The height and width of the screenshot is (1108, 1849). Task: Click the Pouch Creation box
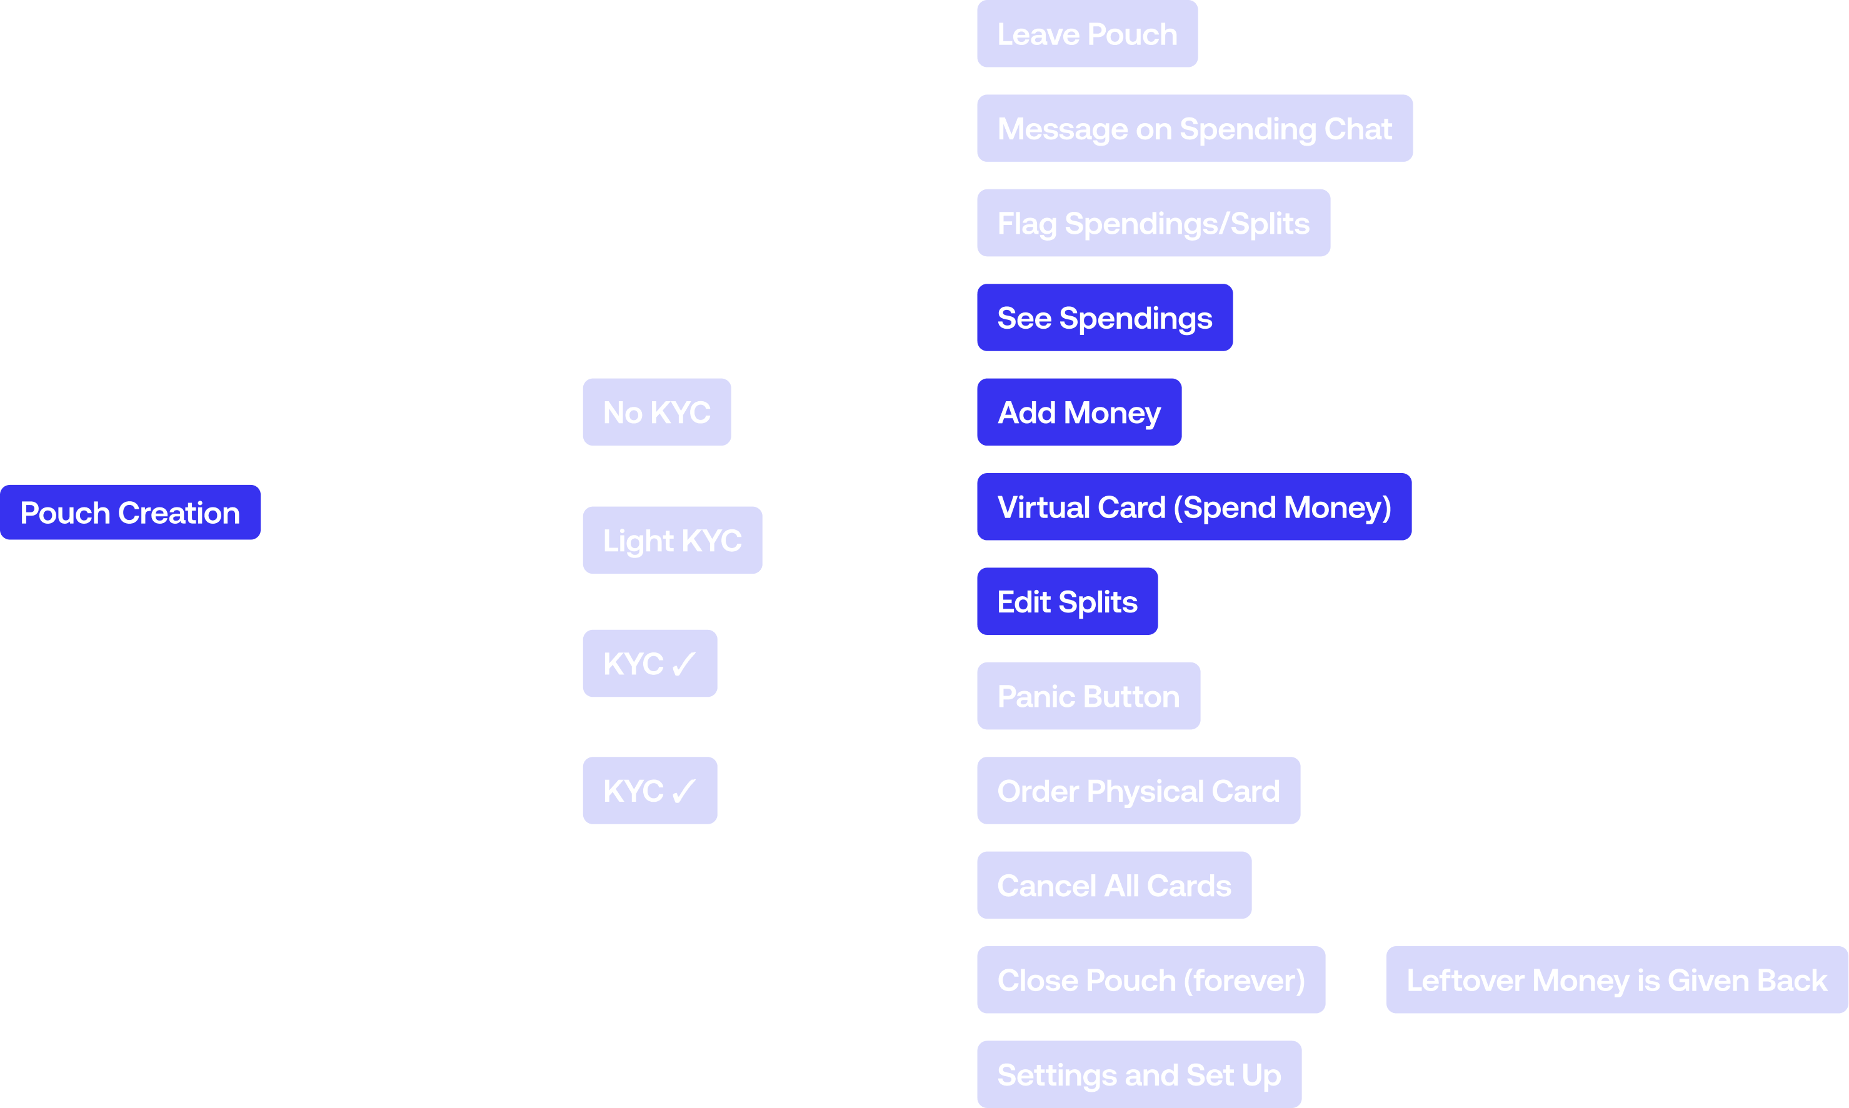point(130,512)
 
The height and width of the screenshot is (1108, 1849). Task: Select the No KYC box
point(656,412)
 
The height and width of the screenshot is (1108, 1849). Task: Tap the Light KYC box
point(672,540)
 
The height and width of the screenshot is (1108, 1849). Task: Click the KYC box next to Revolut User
point(649,663)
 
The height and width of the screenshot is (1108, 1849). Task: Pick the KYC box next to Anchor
point(649,790)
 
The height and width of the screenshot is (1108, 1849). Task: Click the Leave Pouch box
point(1086,34)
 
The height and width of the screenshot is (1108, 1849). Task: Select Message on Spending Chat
point(1194,128)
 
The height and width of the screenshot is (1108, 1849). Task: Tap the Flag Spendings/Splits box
point(1153,223)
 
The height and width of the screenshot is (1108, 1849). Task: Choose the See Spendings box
point(1105,317)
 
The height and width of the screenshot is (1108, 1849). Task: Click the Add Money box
point(1079,412)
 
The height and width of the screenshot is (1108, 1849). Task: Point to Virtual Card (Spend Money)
point(1194,507)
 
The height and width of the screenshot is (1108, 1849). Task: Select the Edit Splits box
point(1067,601)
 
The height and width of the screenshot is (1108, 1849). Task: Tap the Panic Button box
point(1088,696)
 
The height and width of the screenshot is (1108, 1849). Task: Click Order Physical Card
point(1138,791)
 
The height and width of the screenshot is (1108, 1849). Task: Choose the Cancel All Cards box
point(1113,886)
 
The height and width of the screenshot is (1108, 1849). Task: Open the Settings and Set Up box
point(1139,1074)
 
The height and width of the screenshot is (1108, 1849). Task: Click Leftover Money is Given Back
point(1616,980)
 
